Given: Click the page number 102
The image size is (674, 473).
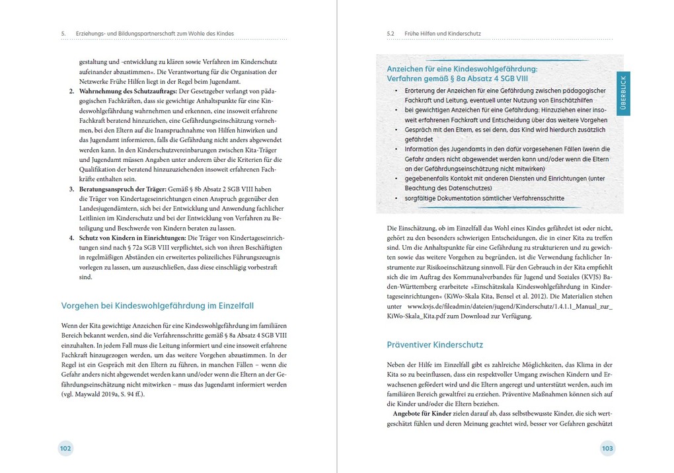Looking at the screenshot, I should (65, 449).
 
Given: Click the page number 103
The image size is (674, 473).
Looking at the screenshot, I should (607, 449).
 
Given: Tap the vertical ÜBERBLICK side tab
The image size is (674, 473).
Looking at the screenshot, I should (623, 92).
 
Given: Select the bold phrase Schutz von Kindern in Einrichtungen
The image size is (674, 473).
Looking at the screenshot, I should (132, 236).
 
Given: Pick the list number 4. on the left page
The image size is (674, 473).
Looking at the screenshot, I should (72, 236).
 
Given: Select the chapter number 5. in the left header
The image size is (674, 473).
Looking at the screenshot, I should (63, 33).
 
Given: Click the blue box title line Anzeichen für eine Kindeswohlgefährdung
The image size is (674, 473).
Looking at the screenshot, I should (462, 68).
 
